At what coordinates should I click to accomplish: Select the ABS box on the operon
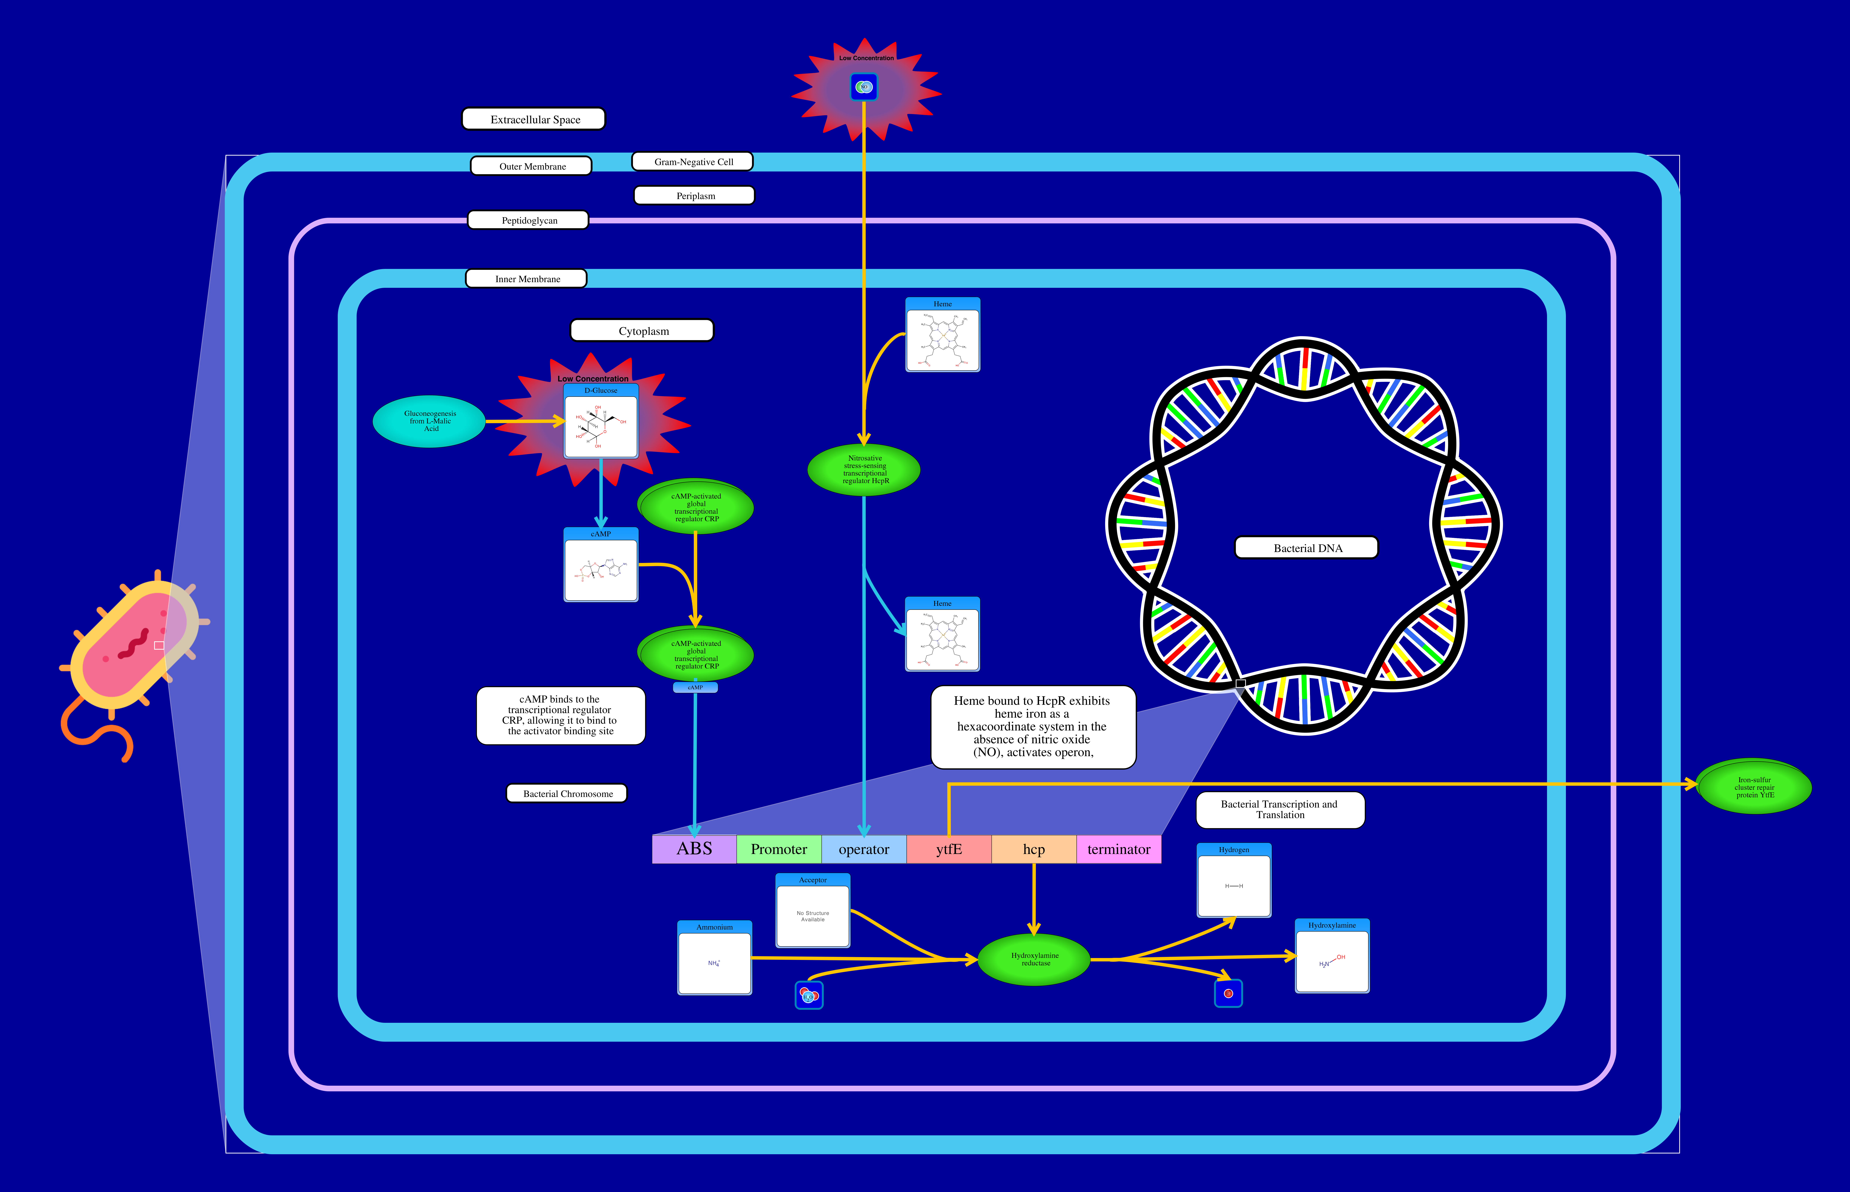click(694, 849)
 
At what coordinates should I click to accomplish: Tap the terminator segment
click(1118, 849)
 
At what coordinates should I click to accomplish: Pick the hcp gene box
click(1033, 849)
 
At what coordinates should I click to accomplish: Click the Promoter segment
click(779, 849)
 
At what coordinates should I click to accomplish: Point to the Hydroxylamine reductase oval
click(1034, 960)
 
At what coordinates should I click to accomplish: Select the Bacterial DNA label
click(1307, 548)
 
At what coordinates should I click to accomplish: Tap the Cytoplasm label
click(642, 330)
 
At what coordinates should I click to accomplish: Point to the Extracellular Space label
click(534, 119)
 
